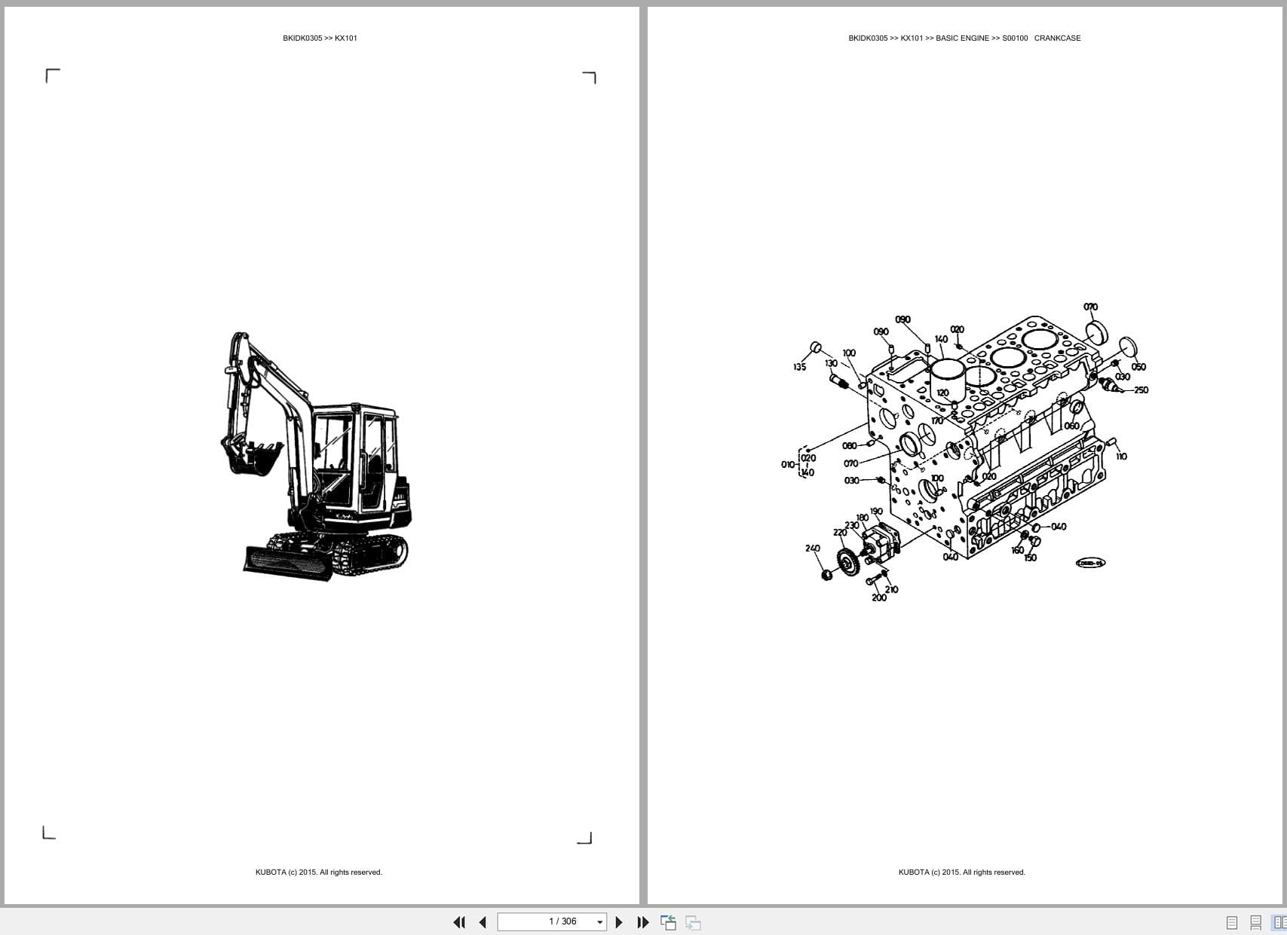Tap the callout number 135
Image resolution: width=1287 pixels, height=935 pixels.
pos(799,367)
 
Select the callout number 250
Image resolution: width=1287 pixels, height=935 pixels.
pos(1141,390)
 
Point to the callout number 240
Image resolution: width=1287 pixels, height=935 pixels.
pos(812,548)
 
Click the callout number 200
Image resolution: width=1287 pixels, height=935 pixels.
pos(879,597)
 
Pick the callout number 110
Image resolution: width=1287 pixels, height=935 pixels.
pos(1121,456)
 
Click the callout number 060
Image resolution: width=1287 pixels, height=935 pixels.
pos(1071,426)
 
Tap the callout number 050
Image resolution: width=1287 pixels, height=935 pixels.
pos(1138,367)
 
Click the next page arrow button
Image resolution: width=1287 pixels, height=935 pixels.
pos(619,922)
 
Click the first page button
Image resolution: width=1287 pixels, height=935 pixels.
pos(458,922)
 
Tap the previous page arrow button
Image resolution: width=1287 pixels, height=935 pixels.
pos(483,922)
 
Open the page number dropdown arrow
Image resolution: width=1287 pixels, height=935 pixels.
pos(600,922)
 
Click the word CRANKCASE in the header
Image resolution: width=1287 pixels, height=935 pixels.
pos(1057,38)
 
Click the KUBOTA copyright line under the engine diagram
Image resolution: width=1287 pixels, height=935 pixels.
pos(961,872)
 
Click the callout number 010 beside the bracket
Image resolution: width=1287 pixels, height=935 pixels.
pos(788,464)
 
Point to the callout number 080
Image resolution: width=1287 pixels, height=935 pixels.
pos(849,446)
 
